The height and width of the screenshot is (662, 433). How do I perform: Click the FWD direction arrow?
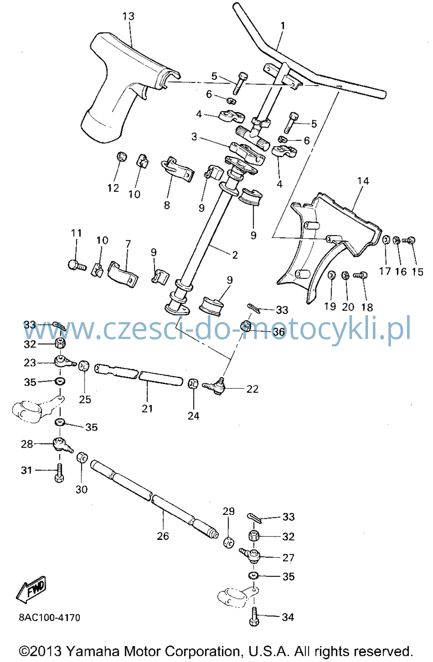point(31,589)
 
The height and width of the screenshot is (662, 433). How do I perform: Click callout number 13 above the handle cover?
point(128,16)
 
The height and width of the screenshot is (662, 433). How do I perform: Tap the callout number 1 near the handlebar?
point(283,26)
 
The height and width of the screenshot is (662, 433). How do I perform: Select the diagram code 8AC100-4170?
point(49,618)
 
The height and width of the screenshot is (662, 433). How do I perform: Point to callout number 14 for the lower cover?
point(363,181)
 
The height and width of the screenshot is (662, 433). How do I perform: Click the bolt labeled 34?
point(254,617)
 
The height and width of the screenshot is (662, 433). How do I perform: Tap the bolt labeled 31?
point(59,473)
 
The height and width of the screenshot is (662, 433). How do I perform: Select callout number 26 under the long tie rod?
point(163,536)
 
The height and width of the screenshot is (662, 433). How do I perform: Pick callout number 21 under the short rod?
point(147,408)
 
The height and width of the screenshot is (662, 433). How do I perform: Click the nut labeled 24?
point(193,384)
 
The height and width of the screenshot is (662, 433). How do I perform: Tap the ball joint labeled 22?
point(215,386)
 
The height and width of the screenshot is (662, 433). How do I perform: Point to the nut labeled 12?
point(121,156)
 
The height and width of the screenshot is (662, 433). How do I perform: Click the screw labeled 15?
point(409,240)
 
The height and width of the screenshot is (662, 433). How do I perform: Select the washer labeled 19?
point(331,275)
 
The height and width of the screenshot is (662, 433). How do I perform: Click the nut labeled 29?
point(229,543)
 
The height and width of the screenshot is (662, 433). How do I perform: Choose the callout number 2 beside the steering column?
point(235,255)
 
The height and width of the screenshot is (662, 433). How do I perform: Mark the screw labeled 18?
point(360,275)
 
